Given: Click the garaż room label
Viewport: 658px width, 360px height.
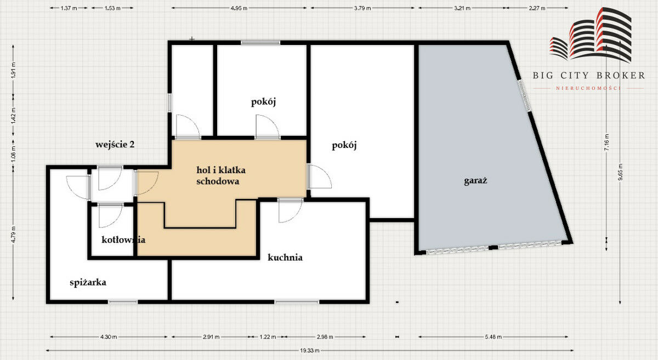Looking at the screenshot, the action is click(475, 180).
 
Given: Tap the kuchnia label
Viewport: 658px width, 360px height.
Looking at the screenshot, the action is click(285, 258).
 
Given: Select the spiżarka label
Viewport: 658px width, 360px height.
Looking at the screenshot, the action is click(88, 283).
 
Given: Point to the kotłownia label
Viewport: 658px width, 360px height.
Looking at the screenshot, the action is click(123, 239).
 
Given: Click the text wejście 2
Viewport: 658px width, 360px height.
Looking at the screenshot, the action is click(115, 145).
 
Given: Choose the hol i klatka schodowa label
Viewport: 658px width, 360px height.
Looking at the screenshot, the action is click(221, 175).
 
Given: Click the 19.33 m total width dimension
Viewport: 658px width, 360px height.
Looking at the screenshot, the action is click(309, 350).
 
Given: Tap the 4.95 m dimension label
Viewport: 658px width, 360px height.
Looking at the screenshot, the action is click(239, 8).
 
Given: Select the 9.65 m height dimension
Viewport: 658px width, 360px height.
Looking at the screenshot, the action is click(620, 173).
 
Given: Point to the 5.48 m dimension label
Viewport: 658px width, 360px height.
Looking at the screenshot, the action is click(493, 337).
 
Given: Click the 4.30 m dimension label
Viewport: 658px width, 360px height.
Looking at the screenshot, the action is click(109, 337).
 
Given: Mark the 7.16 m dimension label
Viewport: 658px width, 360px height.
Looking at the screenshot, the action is click(607, 142).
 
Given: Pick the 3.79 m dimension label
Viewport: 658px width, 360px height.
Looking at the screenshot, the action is click(362, 8).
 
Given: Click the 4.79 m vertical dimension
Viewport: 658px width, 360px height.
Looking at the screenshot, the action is click(13, 235).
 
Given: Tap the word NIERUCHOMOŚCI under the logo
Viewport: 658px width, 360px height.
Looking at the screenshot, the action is click(588, 88).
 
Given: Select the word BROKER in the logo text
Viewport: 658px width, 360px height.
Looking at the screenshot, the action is click(621, 76).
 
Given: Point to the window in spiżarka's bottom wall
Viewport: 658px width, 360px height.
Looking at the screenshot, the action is click(123, 301).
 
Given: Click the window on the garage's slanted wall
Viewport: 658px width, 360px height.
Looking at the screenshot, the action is click(524, 96).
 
